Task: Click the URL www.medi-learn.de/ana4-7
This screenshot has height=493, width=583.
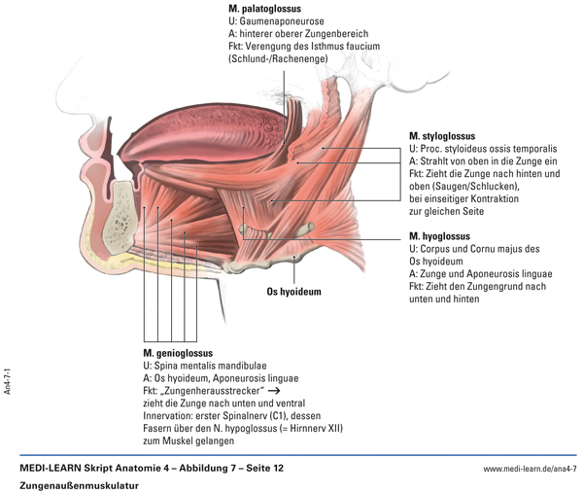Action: [x=530, y=468]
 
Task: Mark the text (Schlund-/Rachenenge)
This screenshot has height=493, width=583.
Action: [x=278, y=58]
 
